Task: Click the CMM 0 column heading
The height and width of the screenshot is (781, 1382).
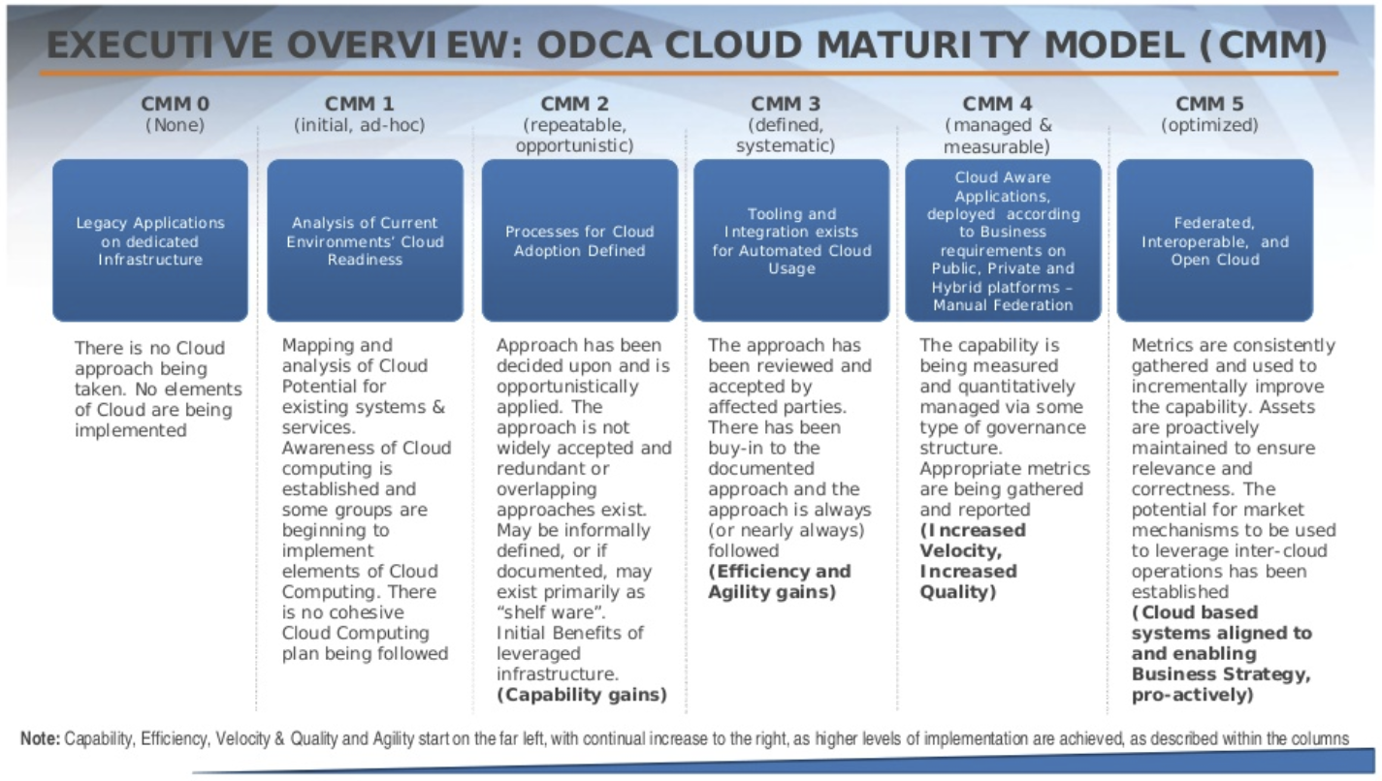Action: pyautogui.click(x=175, y=104)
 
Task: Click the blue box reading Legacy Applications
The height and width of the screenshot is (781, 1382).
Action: pyautogui.click(x=150, y=240)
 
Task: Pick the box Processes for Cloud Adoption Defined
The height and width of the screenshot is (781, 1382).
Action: pyautogui.click(x=579, y=240)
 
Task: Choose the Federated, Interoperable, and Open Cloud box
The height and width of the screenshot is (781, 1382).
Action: pyautogui.click(x=1214, y=240)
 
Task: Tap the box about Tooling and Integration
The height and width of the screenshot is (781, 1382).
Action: pyautogui.click(x=791, y=240)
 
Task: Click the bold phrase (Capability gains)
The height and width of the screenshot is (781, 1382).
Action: pyautogui.click(x=582, y=695)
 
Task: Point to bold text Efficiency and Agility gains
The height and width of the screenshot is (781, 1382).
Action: pyautogui.click(x=779, y=581)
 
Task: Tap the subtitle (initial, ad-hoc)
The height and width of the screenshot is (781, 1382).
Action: pyautogui.click(x=360, y=125)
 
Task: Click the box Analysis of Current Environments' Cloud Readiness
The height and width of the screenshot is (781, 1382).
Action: pyautogui.click(x=365, y=240)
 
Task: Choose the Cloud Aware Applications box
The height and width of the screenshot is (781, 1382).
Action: pyautogui.click(x=1003, y=240)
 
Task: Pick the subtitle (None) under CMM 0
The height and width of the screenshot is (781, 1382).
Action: pyautogui.click(x=175, y=125)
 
